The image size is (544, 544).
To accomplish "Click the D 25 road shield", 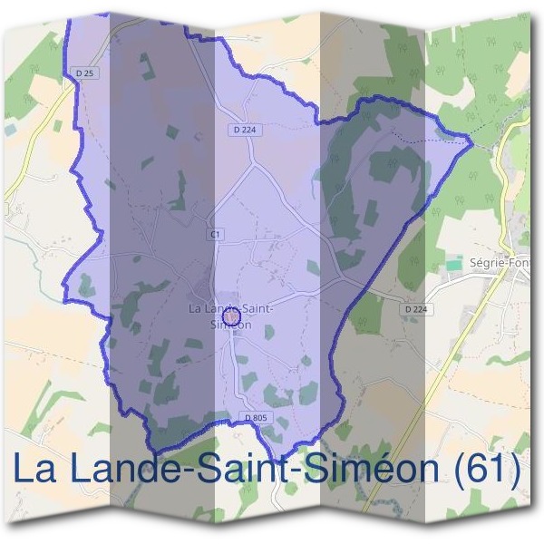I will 85,73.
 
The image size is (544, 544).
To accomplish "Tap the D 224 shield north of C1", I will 238,130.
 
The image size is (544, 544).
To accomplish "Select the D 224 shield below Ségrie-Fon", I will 414,308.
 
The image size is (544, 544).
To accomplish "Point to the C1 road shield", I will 215,234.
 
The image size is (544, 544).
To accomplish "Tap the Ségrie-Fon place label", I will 500,263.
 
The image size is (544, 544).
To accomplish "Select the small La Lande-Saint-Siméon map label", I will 230,315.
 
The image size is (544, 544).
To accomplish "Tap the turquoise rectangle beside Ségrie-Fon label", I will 452,263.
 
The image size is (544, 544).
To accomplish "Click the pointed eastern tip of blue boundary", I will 471,140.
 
